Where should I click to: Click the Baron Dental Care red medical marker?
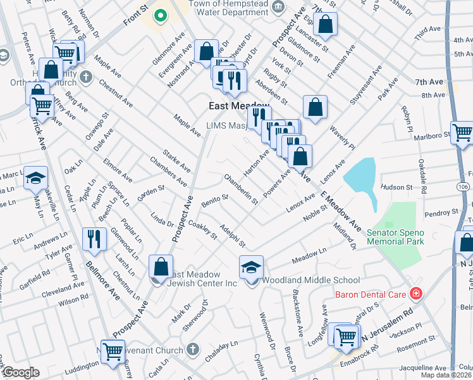point(415,293)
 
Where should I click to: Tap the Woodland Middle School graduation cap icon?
point(251,268)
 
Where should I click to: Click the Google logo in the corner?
point(21,372)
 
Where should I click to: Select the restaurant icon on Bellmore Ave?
point(94,239)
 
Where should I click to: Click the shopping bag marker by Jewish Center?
point(161,266)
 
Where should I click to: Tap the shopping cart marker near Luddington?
point(113,350)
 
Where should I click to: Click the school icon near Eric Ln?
point(35,178)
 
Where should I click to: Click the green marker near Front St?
point(161,15)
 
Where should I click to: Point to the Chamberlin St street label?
point(241,190)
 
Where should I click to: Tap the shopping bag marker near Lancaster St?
point(325,25)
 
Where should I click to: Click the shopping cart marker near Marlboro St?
point(462,132)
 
